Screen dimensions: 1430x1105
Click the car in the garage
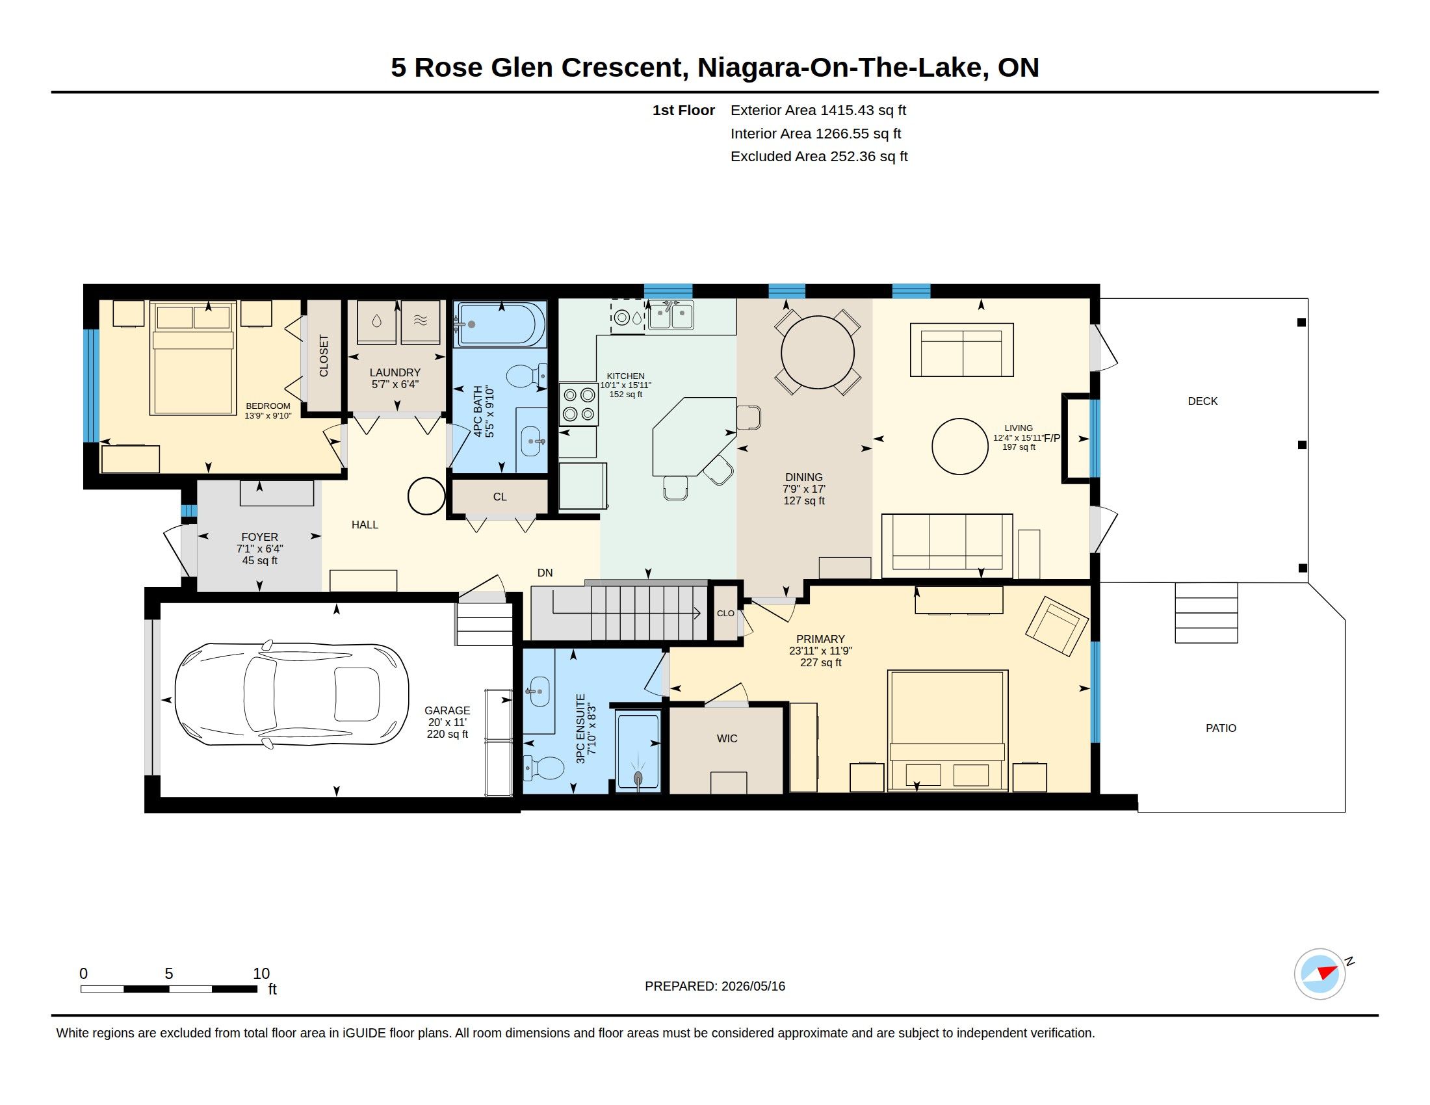[292, 695]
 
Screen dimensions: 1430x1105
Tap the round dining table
[818, 352]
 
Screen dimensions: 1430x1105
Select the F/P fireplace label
[1051, 438]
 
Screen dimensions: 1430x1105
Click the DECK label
[1202, 401]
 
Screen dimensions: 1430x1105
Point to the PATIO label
[1221, 728]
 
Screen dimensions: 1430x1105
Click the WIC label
[727, 738]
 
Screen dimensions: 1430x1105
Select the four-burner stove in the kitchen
[578, 404]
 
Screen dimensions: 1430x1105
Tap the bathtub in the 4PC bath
[502, 324]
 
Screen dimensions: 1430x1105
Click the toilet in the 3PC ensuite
[543, 768]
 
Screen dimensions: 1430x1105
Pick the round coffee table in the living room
[960, 447]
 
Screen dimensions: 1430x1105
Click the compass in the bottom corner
[1320, 974]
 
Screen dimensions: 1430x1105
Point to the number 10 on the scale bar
[261, 974]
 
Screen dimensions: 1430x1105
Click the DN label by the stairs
[545, 573]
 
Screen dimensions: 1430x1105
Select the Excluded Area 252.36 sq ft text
[819, 157]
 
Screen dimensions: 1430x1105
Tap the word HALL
[365, 525]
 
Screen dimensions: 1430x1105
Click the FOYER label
[259, 537]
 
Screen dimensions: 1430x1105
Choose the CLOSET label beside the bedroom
[324, 356]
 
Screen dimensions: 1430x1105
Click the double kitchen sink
[671, 315]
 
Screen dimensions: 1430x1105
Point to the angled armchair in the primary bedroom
[1058, 626]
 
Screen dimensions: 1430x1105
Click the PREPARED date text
[715, 986]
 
